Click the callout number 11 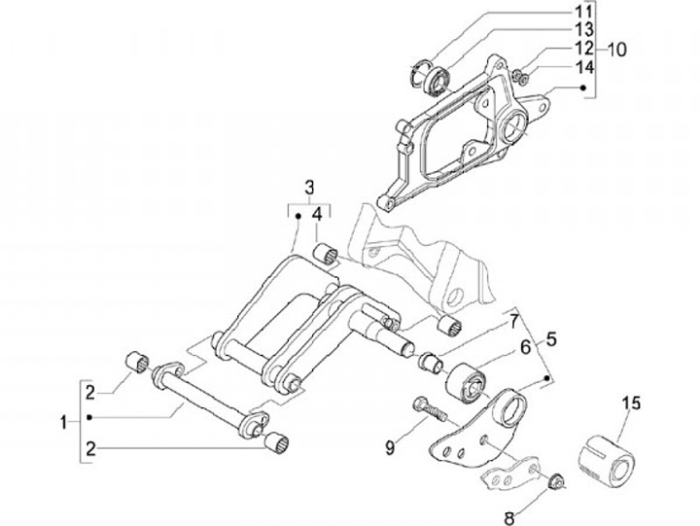click(x=581, y=13)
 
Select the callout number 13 click(x=581, y=30)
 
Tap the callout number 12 click(x=581, y=49)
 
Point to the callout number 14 click(x=581, y=67)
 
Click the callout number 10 click(x=617, y=49)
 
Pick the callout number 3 click(x=309, y=186)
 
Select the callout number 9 click(x=389, y=446)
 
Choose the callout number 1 click(x=63, y=423)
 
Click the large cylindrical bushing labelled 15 click(x=605, y=451)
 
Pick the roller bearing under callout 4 click(x=324, y=255)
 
